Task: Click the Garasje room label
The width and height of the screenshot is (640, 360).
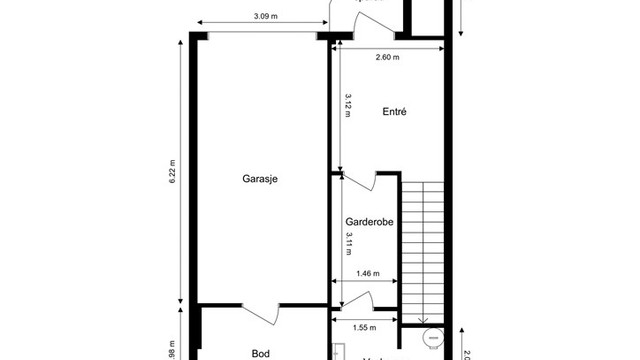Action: point(259,180)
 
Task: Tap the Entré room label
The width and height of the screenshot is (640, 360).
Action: point(394,113)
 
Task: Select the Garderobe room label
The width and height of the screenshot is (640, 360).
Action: point(366,222)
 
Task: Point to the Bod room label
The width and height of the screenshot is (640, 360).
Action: point(260,353)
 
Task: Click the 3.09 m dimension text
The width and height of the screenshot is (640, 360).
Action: point(265,16)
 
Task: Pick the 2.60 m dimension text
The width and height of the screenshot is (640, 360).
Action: point(387,57)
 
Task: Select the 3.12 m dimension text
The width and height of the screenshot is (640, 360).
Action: point(348,105)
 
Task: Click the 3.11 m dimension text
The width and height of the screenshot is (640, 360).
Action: point(348,244)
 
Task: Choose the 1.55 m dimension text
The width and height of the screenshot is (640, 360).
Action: point(364,327)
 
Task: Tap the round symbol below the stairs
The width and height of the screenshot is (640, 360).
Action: point(432,338)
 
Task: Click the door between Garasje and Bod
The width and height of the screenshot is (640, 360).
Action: point(257,312)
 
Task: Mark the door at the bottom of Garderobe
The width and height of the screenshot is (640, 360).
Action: point(358,300)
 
